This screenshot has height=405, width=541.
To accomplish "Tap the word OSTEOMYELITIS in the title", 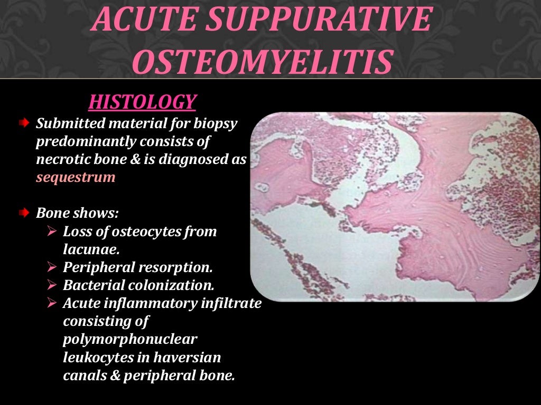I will pos(263,62).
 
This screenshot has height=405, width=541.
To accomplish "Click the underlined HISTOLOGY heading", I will pos(142,102).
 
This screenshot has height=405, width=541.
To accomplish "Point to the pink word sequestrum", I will pos(76,177).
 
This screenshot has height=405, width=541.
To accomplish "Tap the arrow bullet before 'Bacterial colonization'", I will pos(51,285).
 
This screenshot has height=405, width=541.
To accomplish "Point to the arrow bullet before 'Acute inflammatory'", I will pos(51,303).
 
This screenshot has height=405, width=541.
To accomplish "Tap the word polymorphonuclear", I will pos(129,339).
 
